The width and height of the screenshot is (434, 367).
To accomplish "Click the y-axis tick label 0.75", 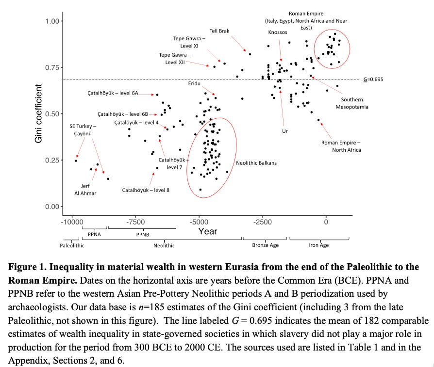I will tap(52, 67).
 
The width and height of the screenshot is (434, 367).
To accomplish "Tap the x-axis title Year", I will tap(207, 231).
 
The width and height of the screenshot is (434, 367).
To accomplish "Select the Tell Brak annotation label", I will tap(219, 31).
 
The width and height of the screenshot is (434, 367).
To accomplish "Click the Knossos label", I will tap(278, 32).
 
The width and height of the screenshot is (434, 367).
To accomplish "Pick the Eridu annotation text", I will tap(194, 83).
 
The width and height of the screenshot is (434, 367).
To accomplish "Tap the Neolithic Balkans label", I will tap(256, 163).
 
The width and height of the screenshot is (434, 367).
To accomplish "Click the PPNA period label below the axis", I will tap(94, 234).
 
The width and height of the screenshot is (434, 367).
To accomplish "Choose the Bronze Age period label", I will tap(265, 245).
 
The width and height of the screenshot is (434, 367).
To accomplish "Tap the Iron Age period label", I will tap(318, 245).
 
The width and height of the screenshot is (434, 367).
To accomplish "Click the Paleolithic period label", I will tap(72, 245).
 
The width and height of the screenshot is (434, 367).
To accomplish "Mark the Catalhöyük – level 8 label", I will tap(146, 191).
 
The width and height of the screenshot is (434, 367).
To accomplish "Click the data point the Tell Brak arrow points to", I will tap(250, 54).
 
